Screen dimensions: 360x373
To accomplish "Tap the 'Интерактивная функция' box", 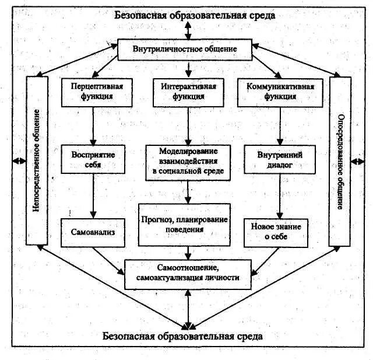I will tap(188, 92).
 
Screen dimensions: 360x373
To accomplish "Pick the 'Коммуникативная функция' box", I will tap(280, 92).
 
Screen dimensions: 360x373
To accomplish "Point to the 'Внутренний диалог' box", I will tap(280, 160).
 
